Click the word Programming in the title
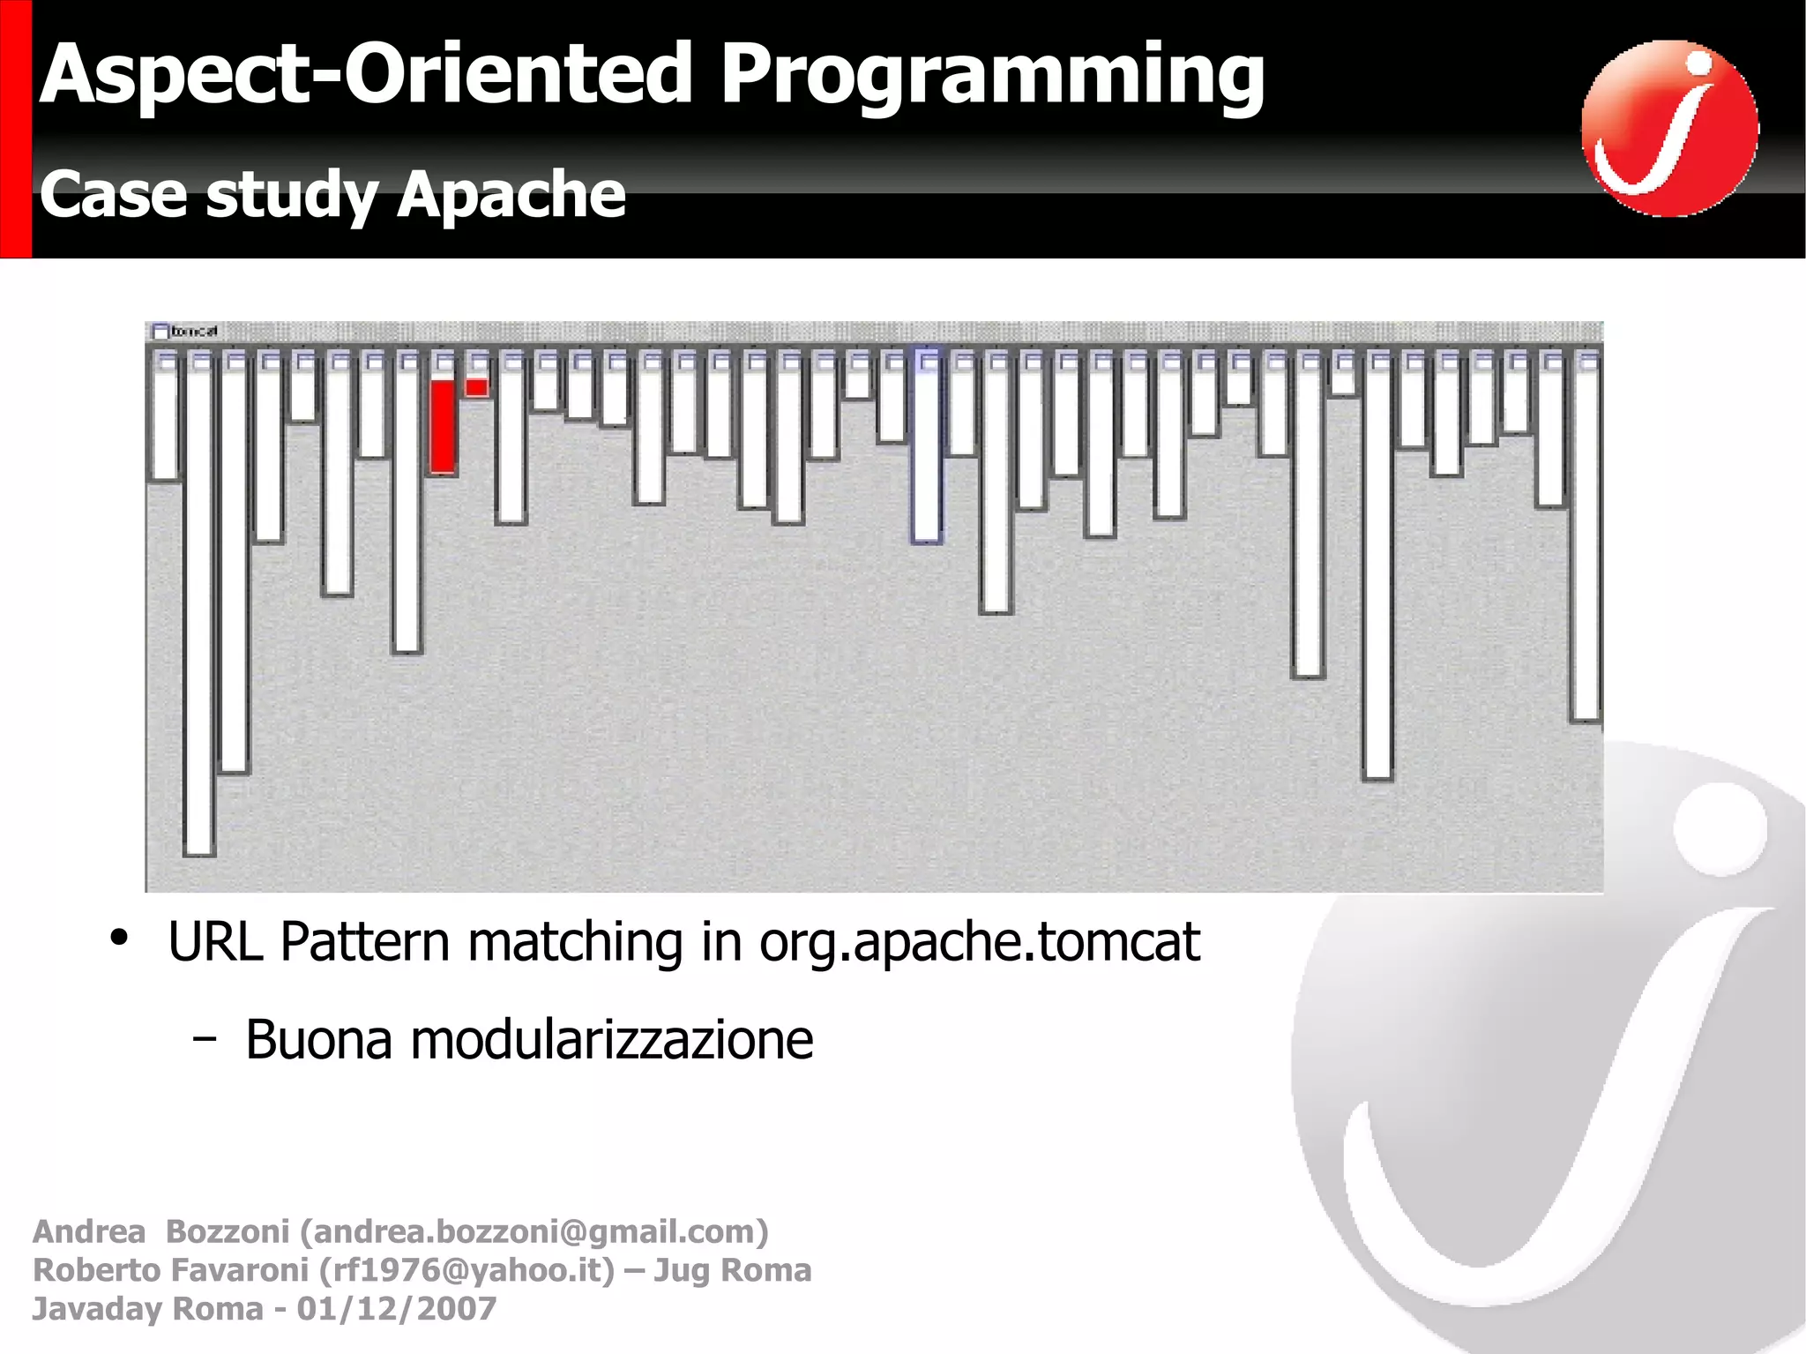(x=992, y=78)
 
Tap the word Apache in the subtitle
(x=511, y=195)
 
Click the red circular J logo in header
(x=1669, y=129)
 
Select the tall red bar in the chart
(x=444, y=427)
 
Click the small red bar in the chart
(x=476, y=387)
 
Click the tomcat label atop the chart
(x=193, y=332)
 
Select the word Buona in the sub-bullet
(x=318, y=1040)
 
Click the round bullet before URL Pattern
(x=119, y=939)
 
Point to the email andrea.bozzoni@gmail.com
(x=534, y=1231)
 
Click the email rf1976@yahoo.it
(x=466, y=1270)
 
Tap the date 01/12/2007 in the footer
(x=396, y=1309)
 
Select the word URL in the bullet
(x=215, y=942)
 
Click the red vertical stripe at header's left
(x=15, y=129)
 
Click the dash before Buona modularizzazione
(x=204, y=1040)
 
